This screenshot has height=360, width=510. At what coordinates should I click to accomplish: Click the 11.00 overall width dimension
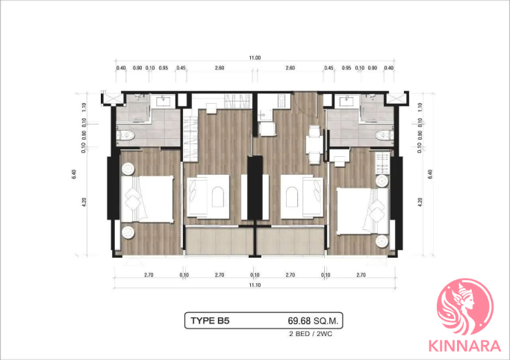point(255,58)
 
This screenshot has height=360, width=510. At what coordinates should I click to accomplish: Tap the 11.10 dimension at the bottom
point(255,285)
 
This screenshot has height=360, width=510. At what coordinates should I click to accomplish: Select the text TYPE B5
point(210,320)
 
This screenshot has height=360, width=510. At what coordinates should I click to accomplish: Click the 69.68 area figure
point(299,321)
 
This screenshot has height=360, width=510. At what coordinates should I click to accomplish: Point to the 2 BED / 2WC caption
point(311,334)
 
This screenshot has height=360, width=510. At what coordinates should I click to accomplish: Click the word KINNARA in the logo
point(464,346)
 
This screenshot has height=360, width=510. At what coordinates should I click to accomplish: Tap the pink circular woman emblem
point(465,307)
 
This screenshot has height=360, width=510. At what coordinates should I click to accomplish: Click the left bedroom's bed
point(147,199)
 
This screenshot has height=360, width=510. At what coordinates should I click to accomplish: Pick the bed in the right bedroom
point(363,211)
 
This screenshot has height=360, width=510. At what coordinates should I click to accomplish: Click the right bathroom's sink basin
point(347,102)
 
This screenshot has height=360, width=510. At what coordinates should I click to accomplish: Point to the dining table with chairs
point(314,145)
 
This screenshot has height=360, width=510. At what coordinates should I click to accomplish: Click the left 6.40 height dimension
point(74,174)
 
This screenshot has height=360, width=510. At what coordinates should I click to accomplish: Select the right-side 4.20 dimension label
point(420,202)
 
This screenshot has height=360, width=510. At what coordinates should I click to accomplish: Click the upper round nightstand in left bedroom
point(128,169)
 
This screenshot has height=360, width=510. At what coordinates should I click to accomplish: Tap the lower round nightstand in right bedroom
point(382,241)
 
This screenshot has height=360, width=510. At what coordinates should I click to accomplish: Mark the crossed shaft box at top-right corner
point(396,99)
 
